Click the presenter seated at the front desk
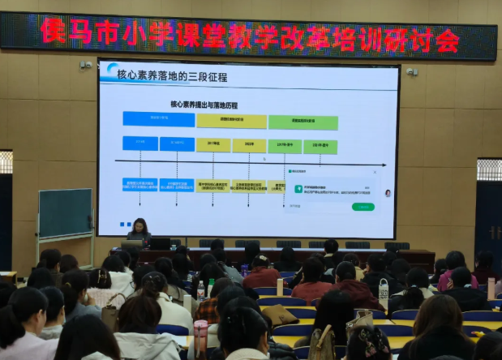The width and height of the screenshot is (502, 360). [139, 230]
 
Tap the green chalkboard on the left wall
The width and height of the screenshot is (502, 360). [65, 212]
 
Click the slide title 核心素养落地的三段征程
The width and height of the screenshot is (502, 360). [172, 77]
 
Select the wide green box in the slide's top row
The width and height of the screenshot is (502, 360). [303, 122]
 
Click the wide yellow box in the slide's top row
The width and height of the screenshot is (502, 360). [231, 121]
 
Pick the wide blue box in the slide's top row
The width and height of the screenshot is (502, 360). [158, 119]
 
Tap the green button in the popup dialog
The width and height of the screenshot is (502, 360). [363, 207]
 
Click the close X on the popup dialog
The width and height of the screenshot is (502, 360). [374, 172]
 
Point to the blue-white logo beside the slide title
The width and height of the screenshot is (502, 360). [111, 71]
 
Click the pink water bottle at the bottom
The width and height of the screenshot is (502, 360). [200, 337]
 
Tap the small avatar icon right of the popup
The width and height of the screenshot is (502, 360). [388, 193]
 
